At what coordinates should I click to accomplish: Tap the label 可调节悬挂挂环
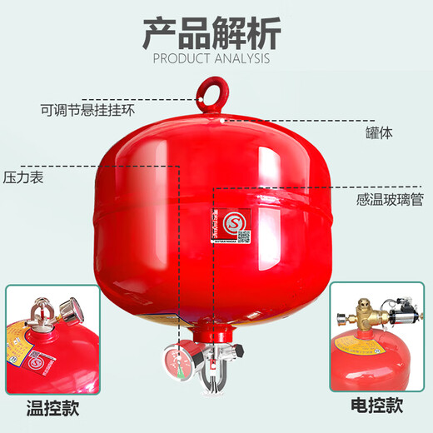pyautogui.click(x=87, y=108)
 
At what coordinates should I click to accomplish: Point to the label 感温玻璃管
pyautogui.click(x=387, y=200)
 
